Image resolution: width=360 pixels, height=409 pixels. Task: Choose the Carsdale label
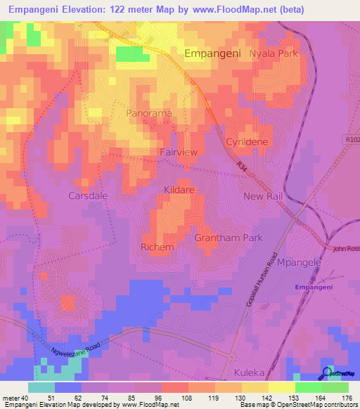tap(89, 195)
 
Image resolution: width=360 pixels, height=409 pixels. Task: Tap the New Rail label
tap(262, 196)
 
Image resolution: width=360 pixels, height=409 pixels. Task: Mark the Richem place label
tap(157, 247)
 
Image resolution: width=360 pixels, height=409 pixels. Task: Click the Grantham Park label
tap(228, 238)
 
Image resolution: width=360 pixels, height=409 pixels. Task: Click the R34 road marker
tap(242, 166)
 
